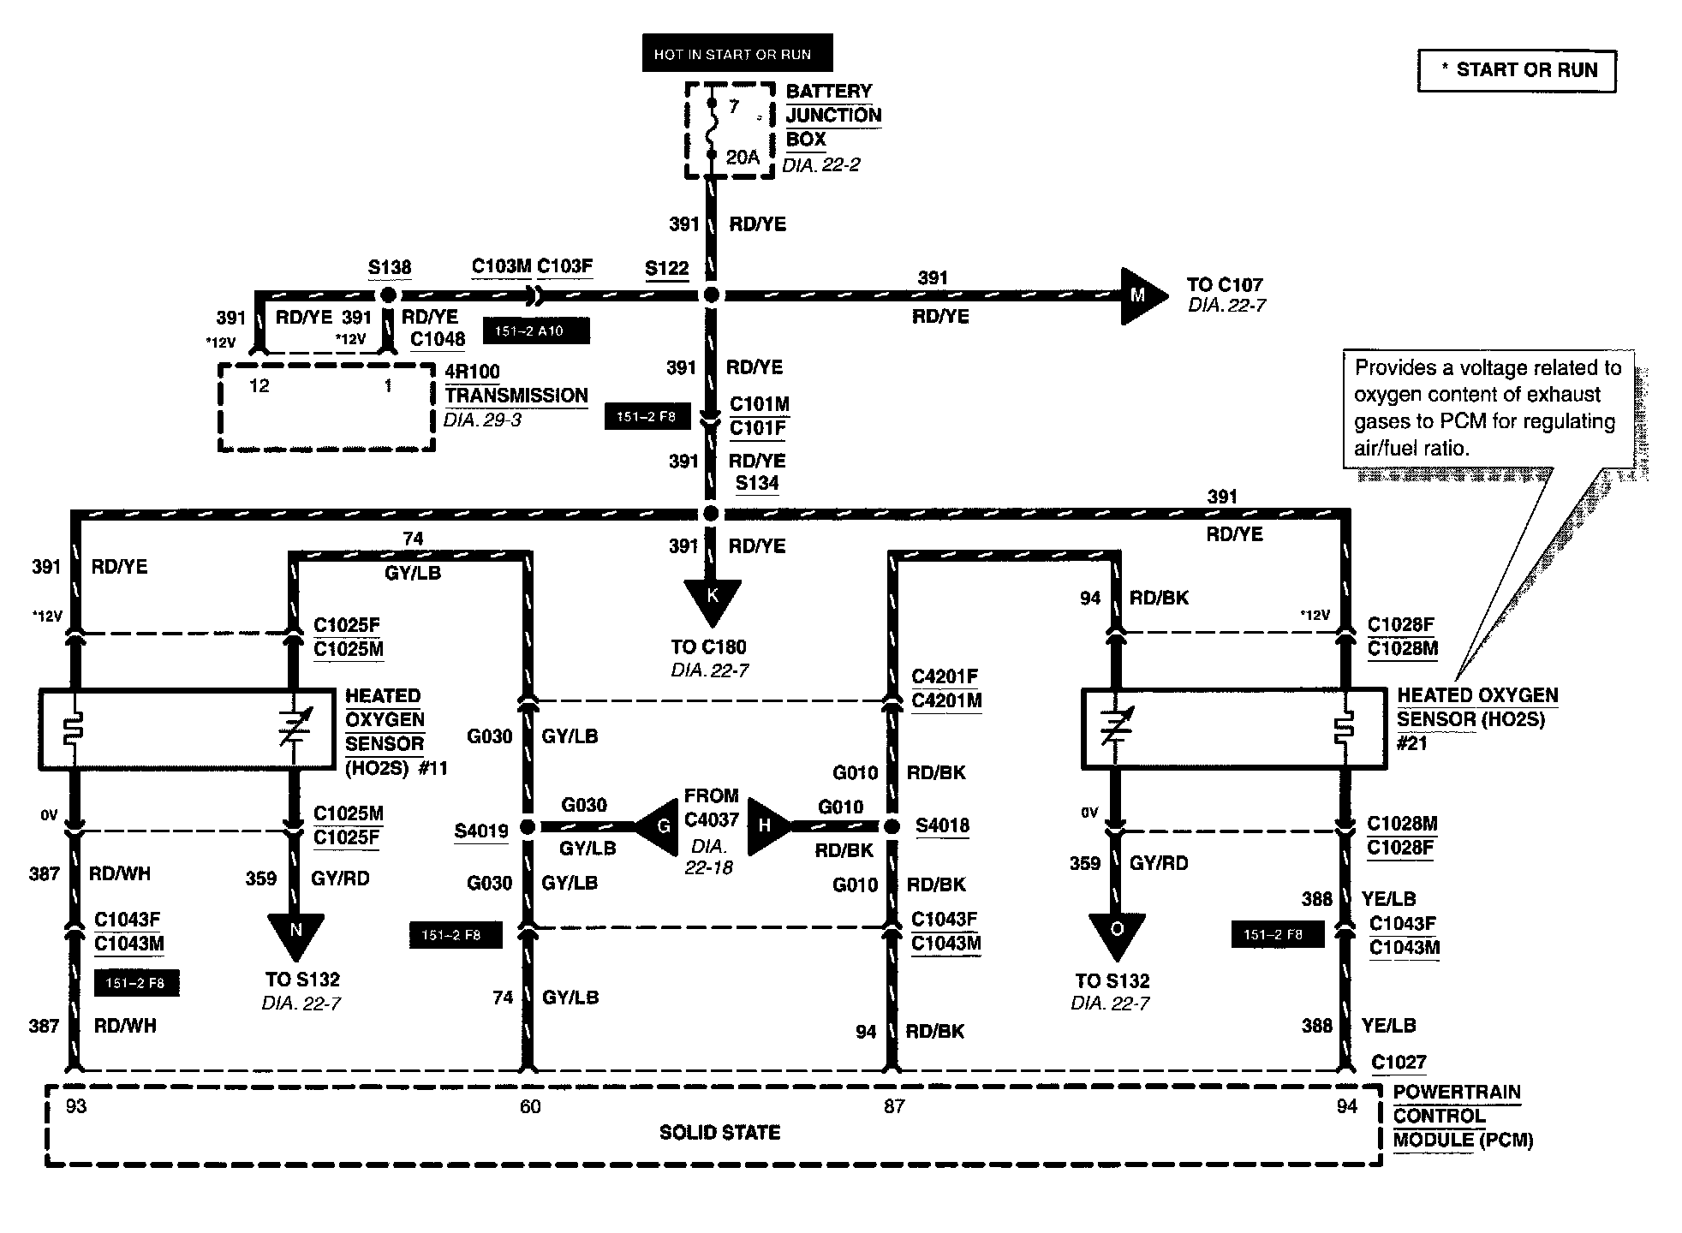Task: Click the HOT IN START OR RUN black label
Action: pos(737,53)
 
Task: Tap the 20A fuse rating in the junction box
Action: pos(743,157)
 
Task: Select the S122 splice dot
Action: pos(711,295)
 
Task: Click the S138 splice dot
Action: pos(388,295)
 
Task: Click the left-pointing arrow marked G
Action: pos(658,826)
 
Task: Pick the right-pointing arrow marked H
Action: pos(769,826)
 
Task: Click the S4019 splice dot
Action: pos(528,827)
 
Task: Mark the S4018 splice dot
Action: pos(892,826)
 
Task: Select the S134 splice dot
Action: pos(711,514)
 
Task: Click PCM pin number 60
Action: pos(530,1106)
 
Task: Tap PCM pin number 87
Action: pos(894,1106)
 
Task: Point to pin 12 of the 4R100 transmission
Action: pos(259,386)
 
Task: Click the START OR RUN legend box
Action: pos(1517,70)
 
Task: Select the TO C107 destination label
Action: pos(1225,284)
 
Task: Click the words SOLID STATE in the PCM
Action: pos(720,1132)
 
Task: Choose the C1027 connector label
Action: pos(1399,1063)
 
